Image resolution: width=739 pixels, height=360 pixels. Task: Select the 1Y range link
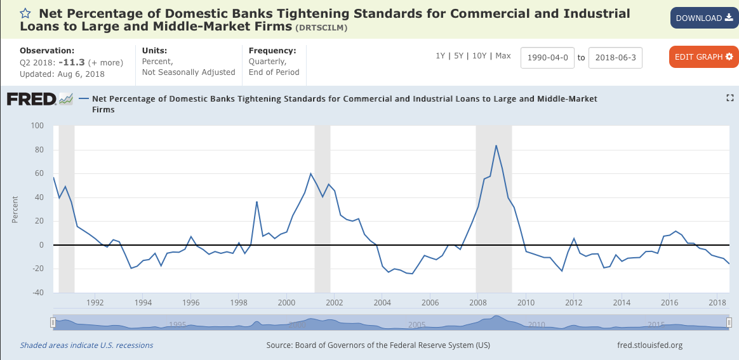(440, 56)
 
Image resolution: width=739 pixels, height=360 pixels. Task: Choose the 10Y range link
(480, 56)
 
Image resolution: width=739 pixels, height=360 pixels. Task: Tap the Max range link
(503, 56)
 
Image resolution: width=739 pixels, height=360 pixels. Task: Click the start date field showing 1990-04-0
(547, 57)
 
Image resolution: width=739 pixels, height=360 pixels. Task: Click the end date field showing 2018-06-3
(615, 57)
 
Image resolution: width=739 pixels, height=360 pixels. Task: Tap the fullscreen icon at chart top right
(729, 98)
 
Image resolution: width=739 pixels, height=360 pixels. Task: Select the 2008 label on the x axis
(477, 302)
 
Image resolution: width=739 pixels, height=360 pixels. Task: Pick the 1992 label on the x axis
(95, 302)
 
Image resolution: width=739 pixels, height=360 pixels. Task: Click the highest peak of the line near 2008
(496, 145)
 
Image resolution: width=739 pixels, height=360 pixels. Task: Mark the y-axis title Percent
(15, 209)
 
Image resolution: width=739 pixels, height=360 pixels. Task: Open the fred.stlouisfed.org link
(649, 345)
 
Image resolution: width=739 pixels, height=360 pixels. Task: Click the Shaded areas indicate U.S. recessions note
(86, 345)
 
